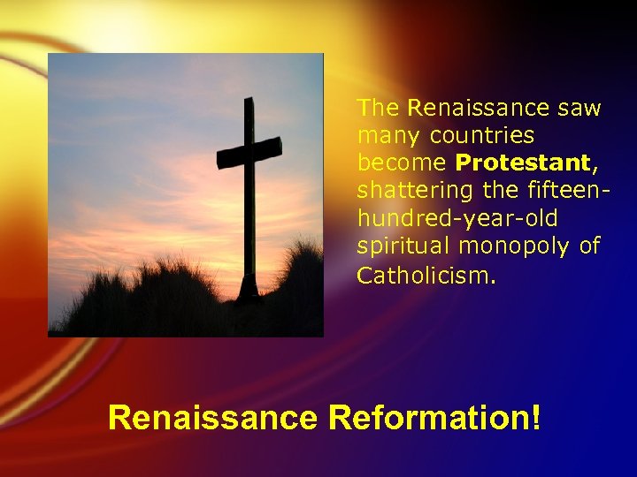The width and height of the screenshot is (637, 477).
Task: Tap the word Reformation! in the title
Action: (434, 417)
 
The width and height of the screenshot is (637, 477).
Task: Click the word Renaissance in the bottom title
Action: (211, 417)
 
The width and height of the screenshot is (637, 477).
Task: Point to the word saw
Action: (579, 108)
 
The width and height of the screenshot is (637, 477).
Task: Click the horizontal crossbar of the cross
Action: (249, 153)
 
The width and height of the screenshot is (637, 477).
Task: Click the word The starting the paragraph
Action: (379, 108)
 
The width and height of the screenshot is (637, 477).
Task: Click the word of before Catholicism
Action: (589, 246)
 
